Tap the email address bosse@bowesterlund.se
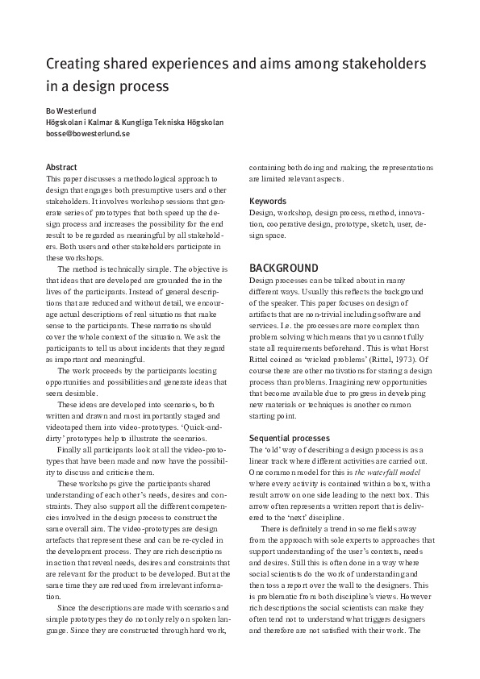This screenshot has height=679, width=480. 88,135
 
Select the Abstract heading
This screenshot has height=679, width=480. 62,168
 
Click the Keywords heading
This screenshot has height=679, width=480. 268,201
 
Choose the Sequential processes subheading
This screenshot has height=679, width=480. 290,438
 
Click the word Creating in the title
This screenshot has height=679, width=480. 74,64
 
